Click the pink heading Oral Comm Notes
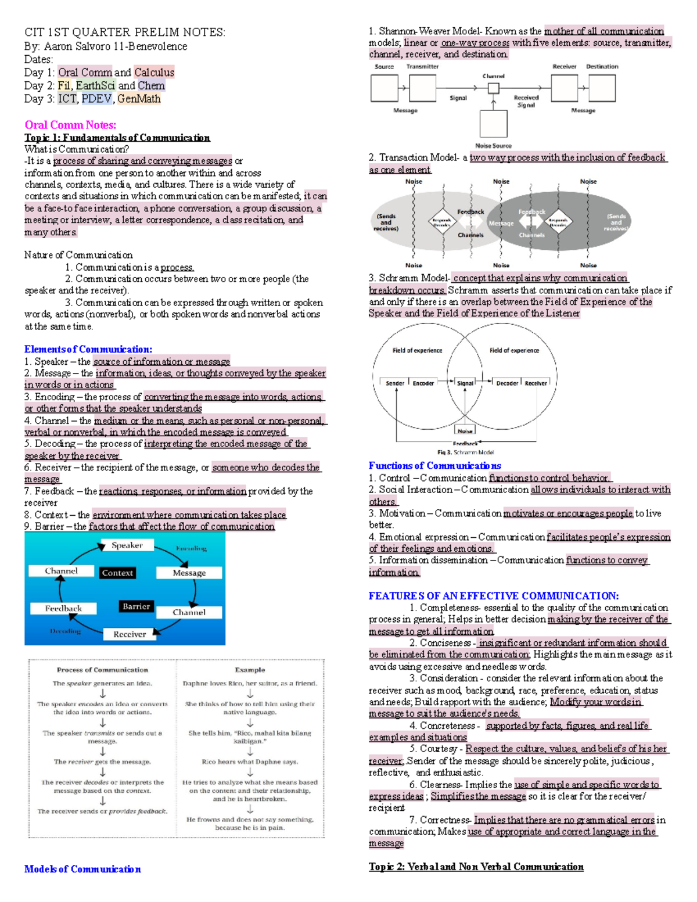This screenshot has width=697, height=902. pos(70,125)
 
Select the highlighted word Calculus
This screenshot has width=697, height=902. pos(154,73)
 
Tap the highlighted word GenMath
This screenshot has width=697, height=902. pos(139,99)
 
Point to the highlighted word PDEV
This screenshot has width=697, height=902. pos(96,99)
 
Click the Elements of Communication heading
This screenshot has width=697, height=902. pos(88,349)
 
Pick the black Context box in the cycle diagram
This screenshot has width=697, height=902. pos(117,573)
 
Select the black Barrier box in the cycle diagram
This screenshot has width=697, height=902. pos(136,606)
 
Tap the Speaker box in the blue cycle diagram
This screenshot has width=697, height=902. pos(127,545)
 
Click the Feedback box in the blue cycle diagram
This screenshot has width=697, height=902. pos(63,608)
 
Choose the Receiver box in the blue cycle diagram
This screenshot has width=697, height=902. pos(130,634)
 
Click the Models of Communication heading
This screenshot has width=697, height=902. pos(82,869)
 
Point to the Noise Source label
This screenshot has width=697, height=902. pos(493,146)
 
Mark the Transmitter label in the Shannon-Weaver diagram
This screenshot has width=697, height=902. pos(422,67)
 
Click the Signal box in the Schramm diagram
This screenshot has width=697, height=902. pos(465,383)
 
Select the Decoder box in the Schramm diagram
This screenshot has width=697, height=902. pos(507,383)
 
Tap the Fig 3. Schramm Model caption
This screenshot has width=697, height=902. pos(465,452)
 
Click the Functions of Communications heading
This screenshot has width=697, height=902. pos(434,466)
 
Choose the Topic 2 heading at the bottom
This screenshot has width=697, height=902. pos(476,867)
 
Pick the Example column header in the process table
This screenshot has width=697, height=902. pos(250,670)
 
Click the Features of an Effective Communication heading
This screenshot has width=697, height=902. pos(494,596)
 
